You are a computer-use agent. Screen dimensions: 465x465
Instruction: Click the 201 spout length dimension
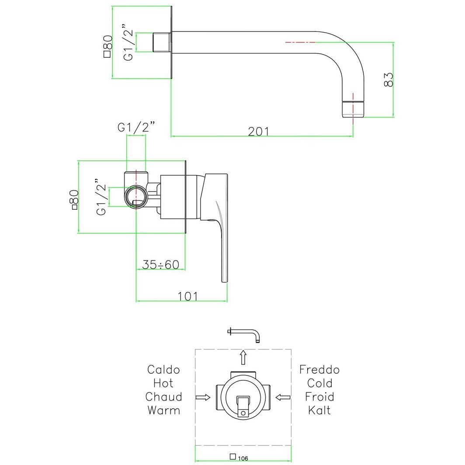tap(258, 131)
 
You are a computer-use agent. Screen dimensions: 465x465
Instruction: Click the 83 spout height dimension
tap(389, 80)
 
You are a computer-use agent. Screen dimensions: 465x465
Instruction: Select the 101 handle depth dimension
tap(188, 296)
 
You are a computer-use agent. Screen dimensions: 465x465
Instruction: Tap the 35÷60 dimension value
tap(161, 264)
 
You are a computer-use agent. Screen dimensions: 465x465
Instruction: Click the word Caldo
tap(163, 370)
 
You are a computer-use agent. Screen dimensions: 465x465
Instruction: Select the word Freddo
tap(319, 370)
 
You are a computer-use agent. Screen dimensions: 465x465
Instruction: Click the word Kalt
tap(319, 410)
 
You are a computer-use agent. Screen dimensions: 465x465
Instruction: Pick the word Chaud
tap(163, 397)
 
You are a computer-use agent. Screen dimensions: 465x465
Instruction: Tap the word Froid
tap(319, 397)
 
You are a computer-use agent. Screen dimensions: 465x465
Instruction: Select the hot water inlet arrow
tap(202, 397)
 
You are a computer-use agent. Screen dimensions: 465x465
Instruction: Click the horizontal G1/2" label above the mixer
tap(136, 128)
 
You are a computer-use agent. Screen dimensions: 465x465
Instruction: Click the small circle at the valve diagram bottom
tap(243, 411)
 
